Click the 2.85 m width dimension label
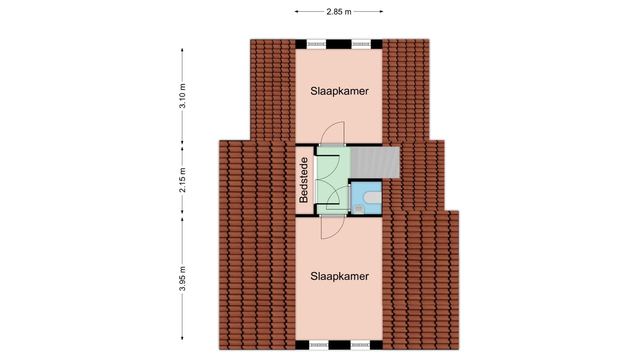pos(339,12)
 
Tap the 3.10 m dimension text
pos(182,96)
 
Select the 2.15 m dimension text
pos(182,180)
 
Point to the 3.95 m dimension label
pos(182,279)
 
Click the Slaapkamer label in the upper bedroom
pos(340,91)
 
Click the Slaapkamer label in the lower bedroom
pos(340,276)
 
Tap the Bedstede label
pos(303,180)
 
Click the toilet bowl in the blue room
pos(373,197)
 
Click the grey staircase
pos(375,162)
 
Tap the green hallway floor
pos(332,180)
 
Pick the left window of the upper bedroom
pos(316,44)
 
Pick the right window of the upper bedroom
pos(361,44)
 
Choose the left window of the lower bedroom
pos(319,345)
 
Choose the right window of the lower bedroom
pos(360,345)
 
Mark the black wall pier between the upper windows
pos(339,44)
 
